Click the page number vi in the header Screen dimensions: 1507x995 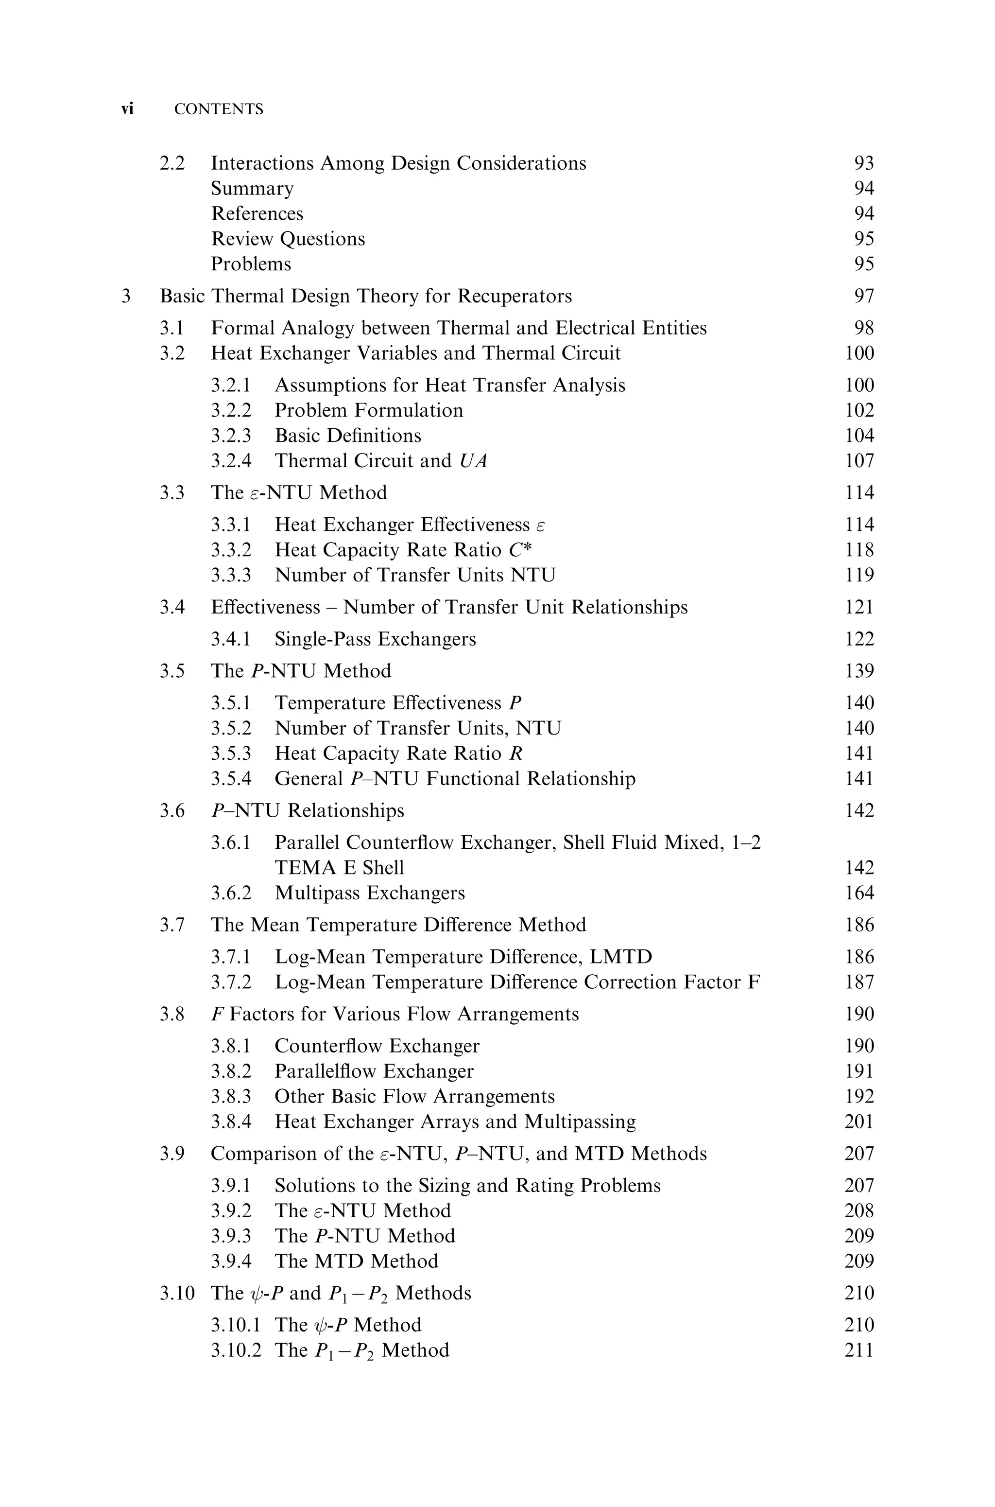(127, 109)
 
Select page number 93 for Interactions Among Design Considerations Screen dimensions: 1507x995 (864, 163)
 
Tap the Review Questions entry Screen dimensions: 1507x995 (288, 239)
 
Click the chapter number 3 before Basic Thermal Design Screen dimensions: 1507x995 (126, 296)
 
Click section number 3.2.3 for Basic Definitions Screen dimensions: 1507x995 (231, 436)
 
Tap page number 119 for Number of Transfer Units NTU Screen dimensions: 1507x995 (859, 575)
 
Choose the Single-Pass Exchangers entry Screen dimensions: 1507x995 (375, 639)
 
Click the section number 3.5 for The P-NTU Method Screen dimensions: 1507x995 (172, 671)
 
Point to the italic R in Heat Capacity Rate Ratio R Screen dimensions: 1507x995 (516, 753)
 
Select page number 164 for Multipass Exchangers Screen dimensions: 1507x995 (859, 893)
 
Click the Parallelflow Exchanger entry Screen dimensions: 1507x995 (374, 1071)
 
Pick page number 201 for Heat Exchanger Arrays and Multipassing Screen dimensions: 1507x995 (859, 1121)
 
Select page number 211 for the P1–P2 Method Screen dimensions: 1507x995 (859, 1349)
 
